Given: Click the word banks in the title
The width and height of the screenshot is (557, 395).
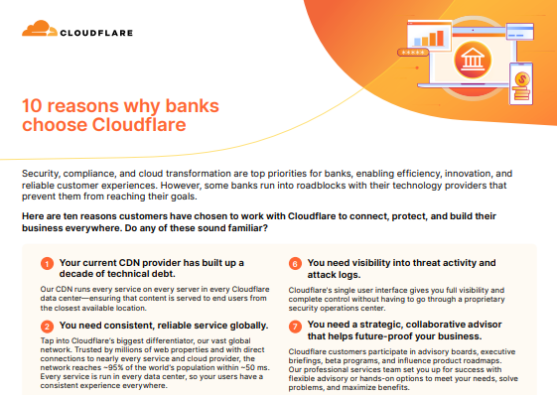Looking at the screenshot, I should pos(183,107).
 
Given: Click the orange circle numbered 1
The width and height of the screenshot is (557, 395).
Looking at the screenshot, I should pos(47,263).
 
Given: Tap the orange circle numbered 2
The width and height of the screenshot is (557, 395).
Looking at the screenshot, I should pos(47,325).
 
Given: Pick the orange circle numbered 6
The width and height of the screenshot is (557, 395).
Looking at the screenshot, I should pos(295,263).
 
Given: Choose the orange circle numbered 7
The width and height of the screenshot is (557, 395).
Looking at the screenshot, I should pos(295,325).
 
